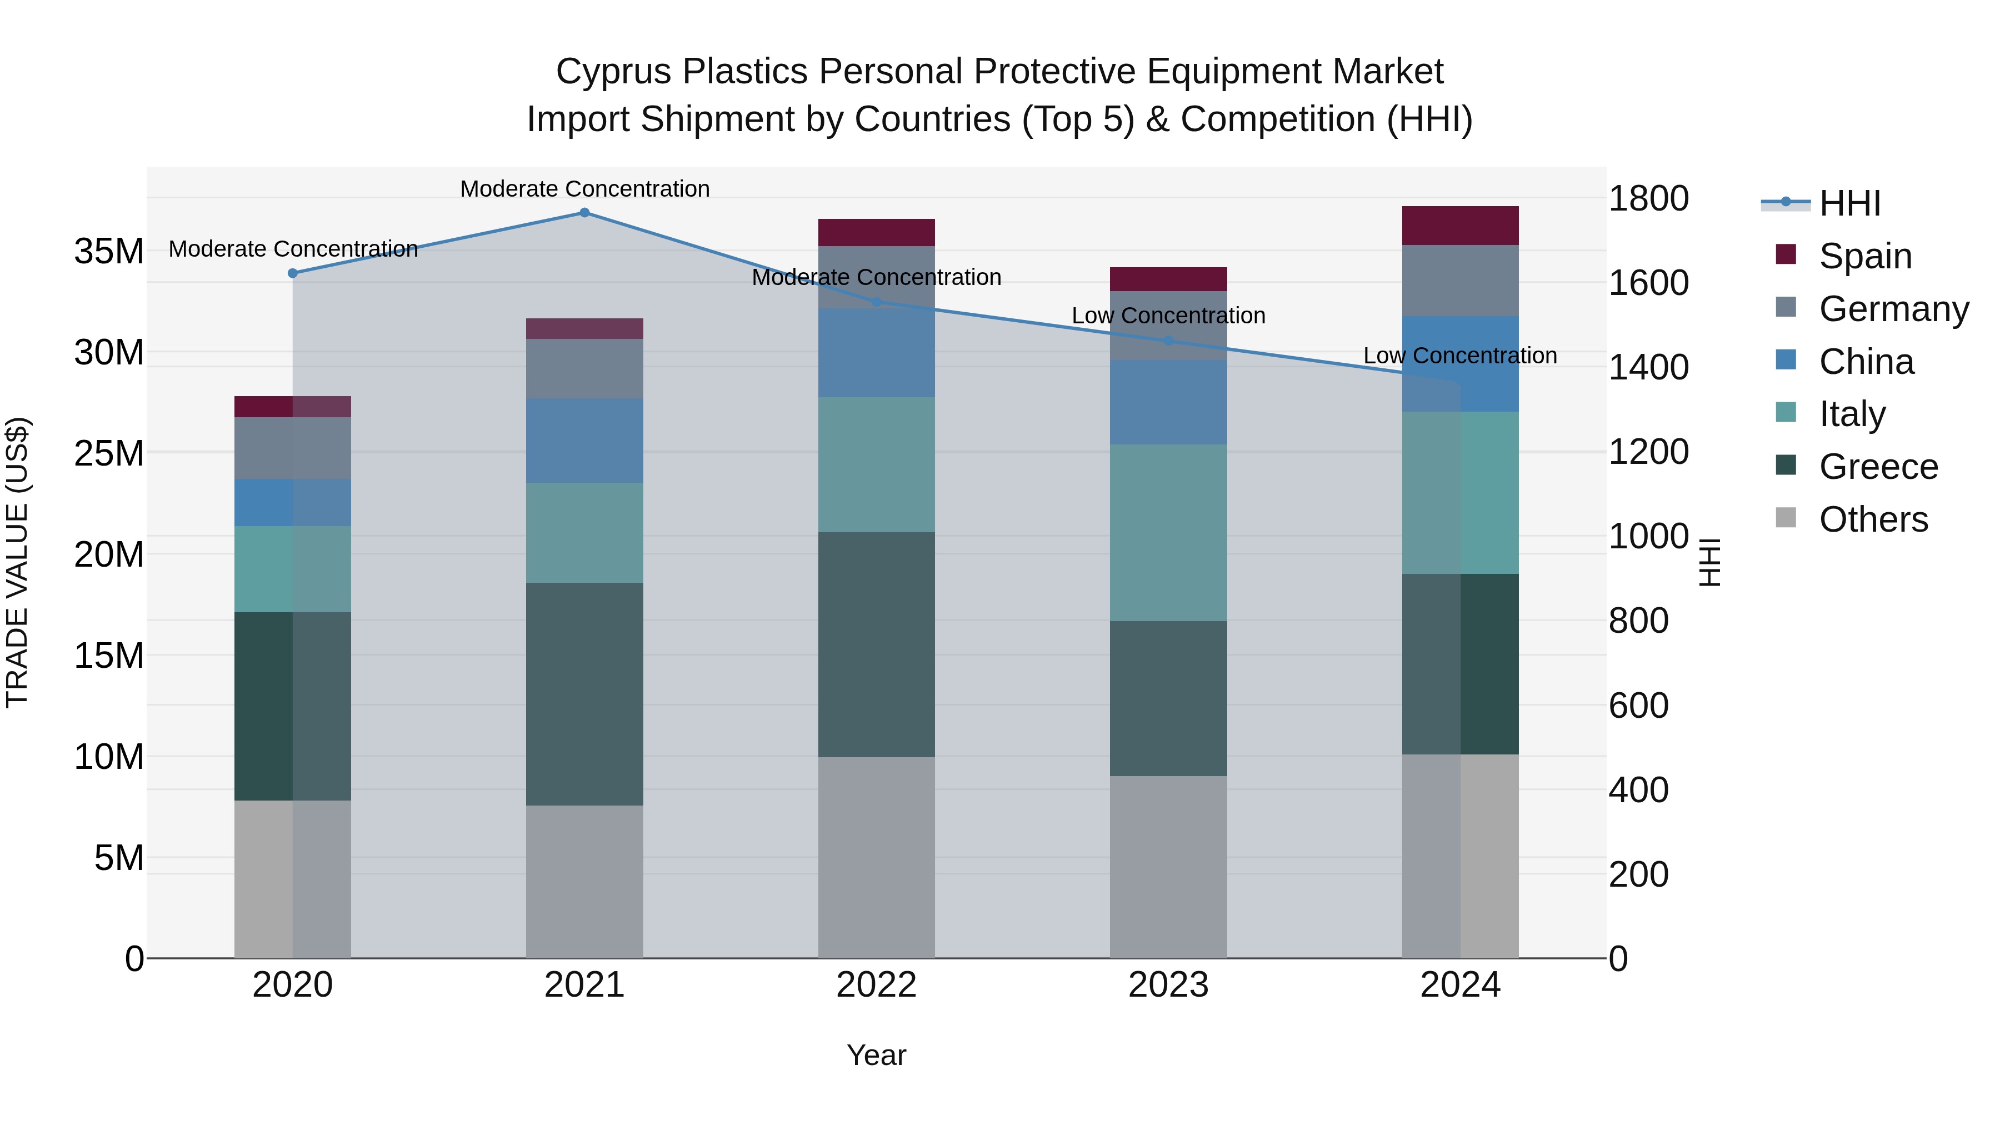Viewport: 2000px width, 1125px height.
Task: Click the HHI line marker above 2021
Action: (x=584, y=213)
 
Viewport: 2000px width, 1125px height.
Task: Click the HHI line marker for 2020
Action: (x=293, y=273)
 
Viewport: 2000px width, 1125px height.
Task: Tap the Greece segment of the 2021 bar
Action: (x=584, y=693)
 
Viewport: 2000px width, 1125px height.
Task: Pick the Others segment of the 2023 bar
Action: (x=1168, y=867)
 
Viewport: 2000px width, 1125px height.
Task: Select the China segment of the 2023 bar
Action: (x=1168, y=402)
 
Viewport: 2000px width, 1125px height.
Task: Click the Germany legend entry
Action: (x=1893, y=309)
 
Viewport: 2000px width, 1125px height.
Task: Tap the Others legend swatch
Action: (x=1786, y=518)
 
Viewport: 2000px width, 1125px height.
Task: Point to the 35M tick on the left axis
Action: (x=109, y=252)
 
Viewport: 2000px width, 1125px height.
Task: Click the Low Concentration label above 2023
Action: (x=1168, y=316)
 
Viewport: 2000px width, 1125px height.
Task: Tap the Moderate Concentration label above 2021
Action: (x=584, y=189)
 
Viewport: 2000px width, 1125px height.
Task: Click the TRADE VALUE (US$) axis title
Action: (x=17, y=562)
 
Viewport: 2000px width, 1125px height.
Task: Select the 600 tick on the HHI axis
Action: (x=1638, y=706)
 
